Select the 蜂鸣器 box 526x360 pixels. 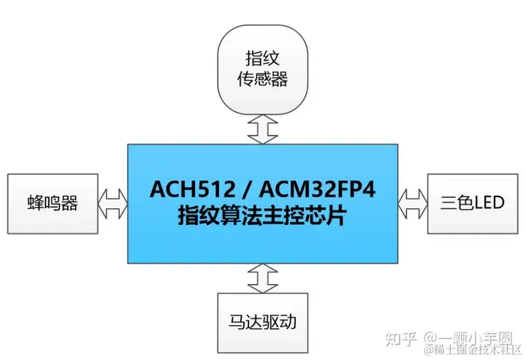tap(53, 202)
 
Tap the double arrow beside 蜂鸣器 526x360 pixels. tap(113, 202)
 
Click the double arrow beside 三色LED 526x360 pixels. tap(413, 202)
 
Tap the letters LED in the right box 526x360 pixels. tap(488, 202)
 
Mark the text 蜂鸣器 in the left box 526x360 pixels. tap(53, 202)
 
